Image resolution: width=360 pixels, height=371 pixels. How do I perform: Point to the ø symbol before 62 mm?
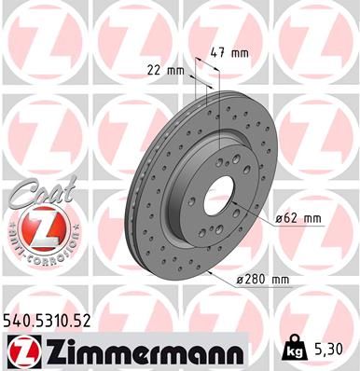pyautogui.click(x=280, y=219)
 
